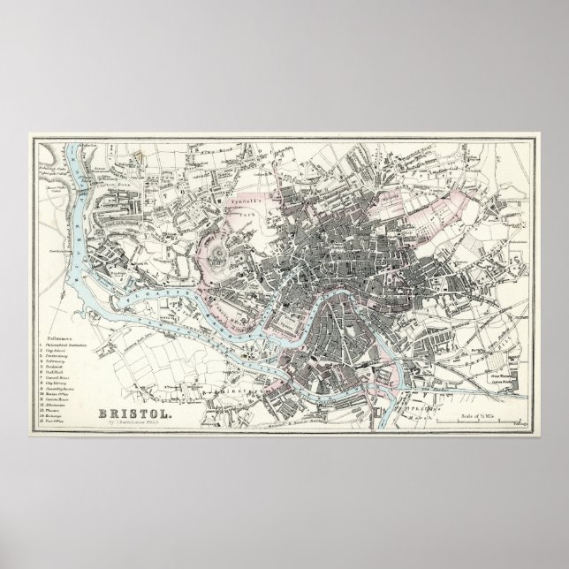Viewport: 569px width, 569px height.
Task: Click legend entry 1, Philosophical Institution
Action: [x=68, y=345]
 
